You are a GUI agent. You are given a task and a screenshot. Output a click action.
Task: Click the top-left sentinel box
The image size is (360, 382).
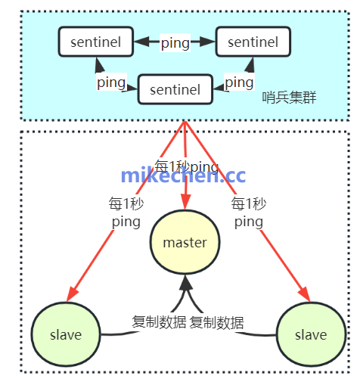coord(95,42)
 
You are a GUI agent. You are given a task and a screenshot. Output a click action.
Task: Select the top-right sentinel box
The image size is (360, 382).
coord(252,42)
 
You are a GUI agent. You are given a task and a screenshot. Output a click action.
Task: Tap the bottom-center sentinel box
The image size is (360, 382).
coord(175,90)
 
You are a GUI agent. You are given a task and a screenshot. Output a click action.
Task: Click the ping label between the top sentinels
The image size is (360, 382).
coord(175,43)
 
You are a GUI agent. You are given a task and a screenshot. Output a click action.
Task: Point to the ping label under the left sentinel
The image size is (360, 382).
coord(110,81)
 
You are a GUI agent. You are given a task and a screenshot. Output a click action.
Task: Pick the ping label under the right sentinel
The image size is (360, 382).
coord(239,82)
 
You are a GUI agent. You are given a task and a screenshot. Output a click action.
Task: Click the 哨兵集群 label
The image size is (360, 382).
coord(289,98)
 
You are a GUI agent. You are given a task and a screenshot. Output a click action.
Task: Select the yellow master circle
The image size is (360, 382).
coord(185,242)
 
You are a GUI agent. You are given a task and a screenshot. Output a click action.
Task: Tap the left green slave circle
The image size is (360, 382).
coord(66,334)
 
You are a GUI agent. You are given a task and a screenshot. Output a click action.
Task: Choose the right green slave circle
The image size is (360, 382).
coord(311,334)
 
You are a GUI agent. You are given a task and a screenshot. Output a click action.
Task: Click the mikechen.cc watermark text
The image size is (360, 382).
coord(184,176)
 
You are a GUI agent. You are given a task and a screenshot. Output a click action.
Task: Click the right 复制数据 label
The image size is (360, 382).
coord(217,322)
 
